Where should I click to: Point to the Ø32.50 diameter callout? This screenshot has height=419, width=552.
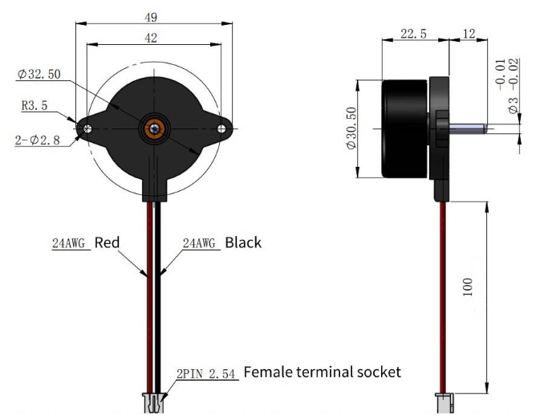click(x=39, y=75)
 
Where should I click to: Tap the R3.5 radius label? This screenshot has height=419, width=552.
click(x=35, y=104)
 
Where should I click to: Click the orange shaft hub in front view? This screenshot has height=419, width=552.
click(x=153, y=128)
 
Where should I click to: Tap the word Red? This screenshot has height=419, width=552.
click(x=108, y=242)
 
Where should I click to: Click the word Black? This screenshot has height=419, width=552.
click(x=242, y=242)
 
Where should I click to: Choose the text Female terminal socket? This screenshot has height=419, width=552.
click(x=321, y=372)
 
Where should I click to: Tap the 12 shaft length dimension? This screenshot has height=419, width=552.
click(x=469, y=35)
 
